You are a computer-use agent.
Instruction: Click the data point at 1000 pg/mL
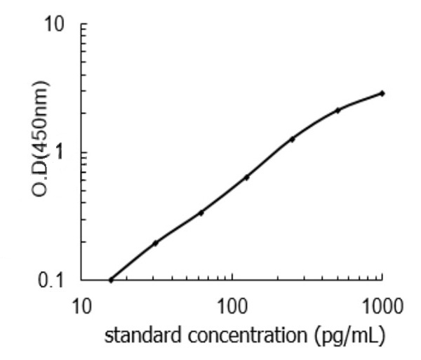click(x=382, y=93)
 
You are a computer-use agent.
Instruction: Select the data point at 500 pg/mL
click(x=338, y=110)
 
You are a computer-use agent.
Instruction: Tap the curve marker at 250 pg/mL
click(x=292, y=139)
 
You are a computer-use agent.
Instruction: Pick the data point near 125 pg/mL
click(x=246, y=178)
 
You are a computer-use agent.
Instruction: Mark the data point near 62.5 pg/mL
click(x=201, y=213)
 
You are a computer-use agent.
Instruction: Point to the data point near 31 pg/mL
click(x=155, y=243)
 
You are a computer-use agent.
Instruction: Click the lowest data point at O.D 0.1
click(x=111, y=280)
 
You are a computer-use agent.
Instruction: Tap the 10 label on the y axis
click(x=55, y=26)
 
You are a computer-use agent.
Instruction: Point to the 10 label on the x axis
click(x=82, y=307)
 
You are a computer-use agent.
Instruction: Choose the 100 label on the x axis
click(x=232, y=307)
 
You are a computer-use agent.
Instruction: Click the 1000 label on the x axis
click(x=382, y=307)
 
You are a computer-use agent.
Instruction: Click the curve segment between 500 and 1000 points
click(x=360, y=100)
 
